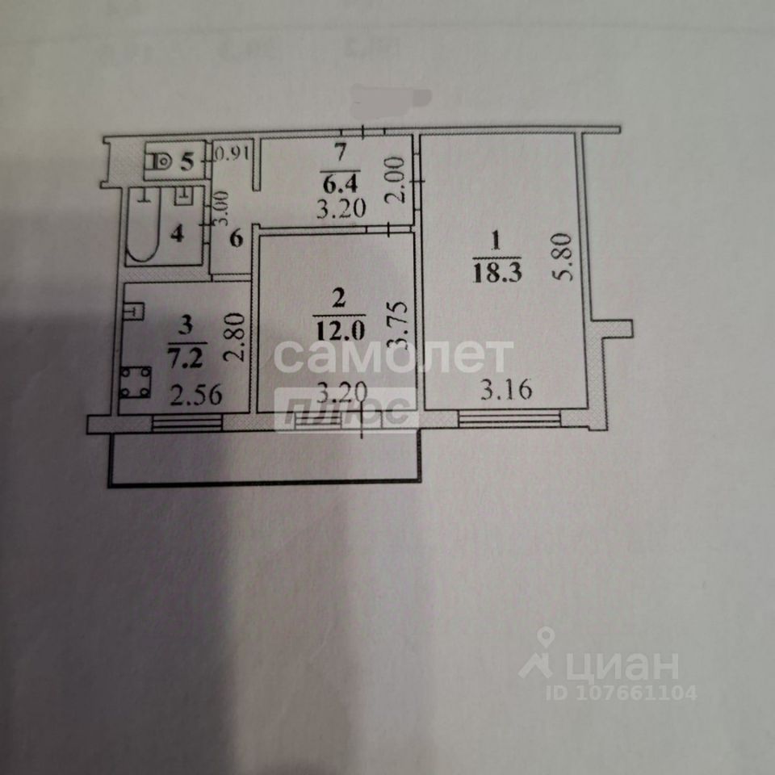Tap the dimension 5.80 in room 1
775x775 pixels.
pos(564,257)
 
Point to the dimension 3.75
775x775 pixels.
pos(395,325)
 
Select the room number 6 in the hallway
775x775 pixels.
pos(237,240)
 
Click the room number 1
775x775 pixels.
pos(496,240)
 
